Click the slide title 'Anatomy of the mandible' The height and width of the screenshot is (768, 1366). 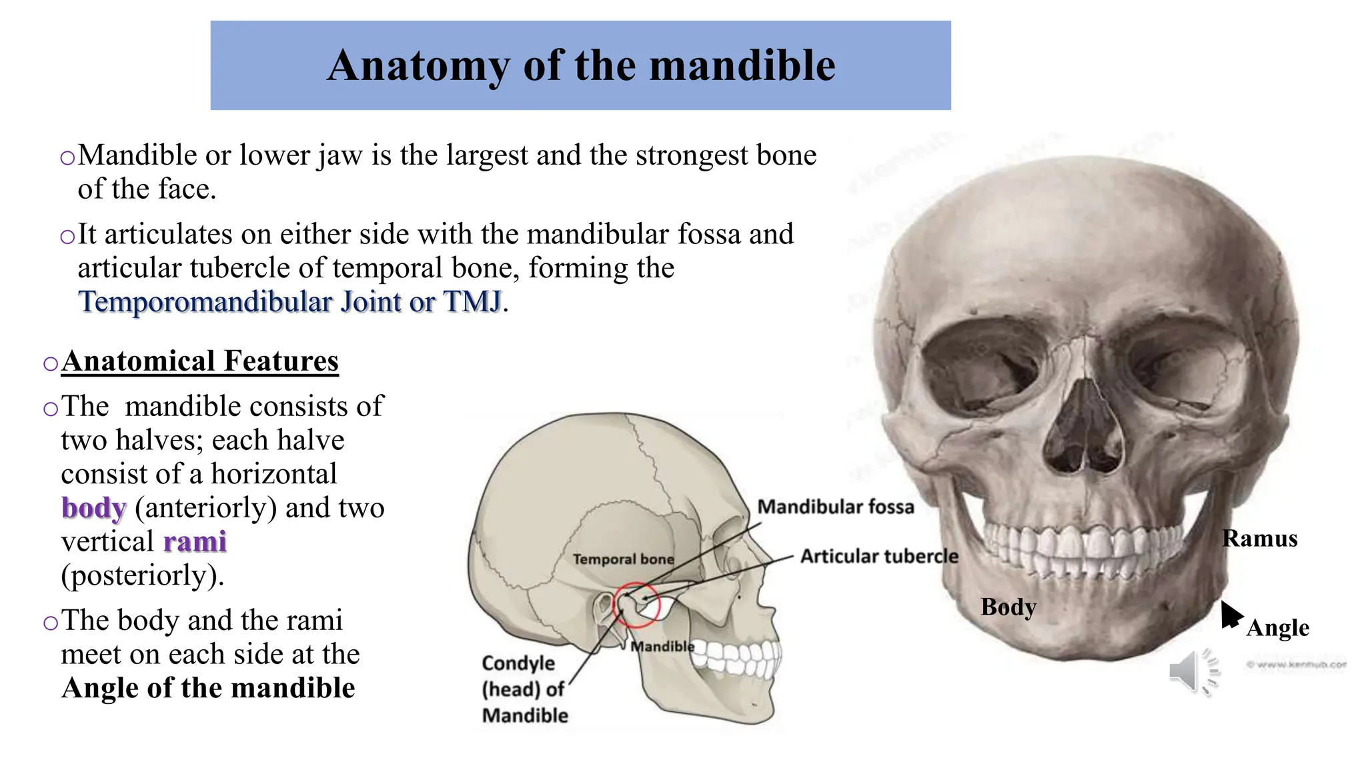580,65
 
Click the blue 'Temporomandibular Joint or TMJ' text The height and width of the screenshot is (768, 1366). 289,302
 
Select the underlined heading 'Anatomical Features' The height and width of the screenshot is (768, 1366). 199,361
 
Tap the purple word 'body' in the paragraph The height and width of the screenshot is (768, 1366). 93,508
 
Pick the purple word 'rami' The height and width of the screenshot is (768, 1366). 195,542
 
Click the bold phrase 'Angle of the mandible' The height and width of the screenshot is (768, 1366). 208,688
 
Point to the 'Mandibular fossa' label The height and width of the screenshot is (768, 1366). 835,507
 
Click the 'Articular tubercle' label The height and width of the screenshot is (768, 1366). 879,556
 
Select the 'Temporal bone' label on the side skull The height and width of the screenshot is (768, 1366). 623,559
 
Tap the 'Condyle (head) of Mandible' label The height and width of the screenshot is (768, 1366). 524,689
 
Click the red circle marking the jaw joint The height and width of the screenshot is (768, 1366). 636,605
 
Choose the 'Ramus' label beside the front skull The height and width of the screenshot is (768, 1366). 1259,539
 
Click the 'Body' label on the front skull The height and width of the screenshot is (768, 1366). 1008,607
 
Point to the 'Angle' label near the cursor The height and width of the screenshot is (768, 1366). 1277,628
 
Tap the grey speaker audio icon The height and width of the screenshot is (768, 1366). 1191,670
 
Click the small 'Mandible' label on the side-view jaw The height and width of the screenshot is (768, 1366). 662,647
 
